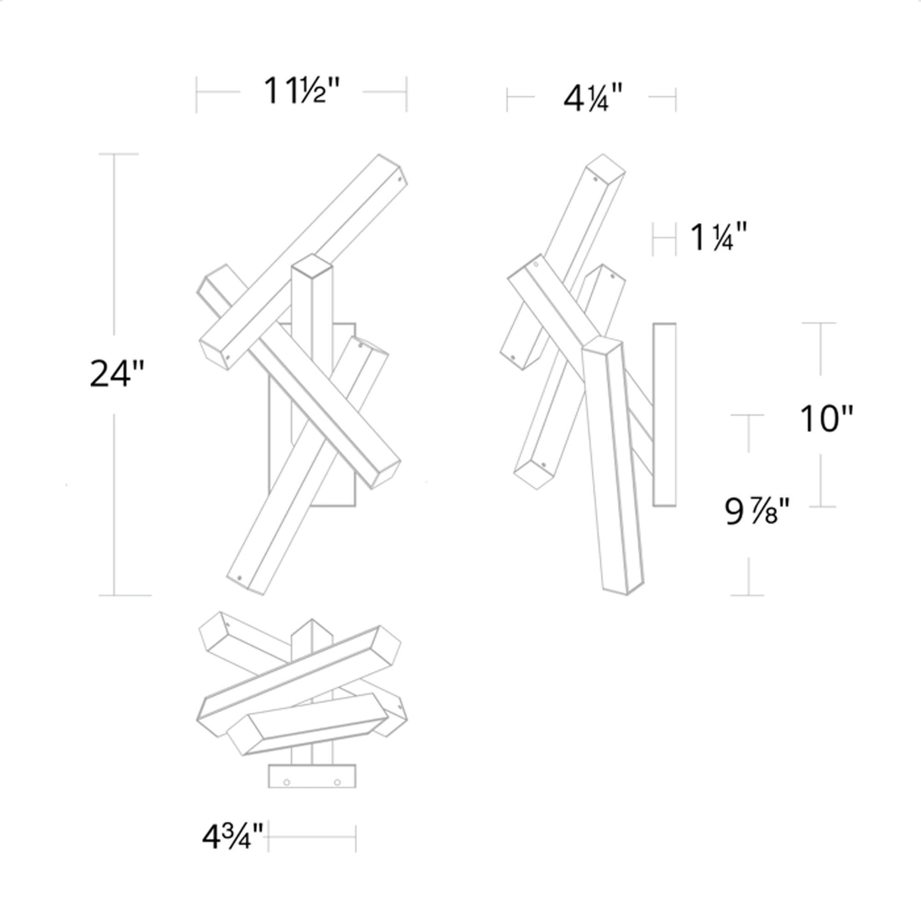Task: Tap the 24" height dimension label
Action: pyautogui.click(x=117, y=373)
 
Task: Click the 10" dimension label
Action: pyautogui.click(x=826, y=419)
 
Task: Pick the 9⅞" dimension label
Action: pyautogui.click(x=758, y=511)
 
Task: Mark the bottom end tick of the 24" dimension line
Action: pyautogui.click(x=124, y=595)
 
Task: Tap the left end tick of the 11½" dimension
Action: pyautogui.click(x=196, y=94)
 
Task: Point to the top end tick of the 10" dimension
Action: pyautogui.click(x=818, y=323)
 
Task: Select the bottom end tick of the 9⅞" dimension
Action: pyautogui.click(x=747, y=595)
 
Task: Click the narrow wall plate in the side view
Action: pyautogui.click(x=664, y=414)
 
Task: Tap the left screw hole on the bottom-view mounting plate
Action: pyautogui.click(x=287, y=781)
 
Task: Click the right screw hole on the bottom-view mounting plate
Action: pyautogui.click(x=338, y=781)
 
